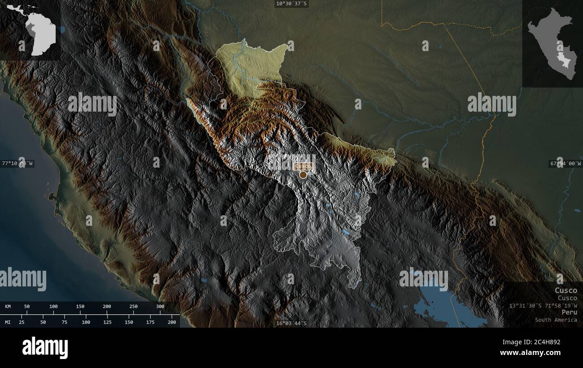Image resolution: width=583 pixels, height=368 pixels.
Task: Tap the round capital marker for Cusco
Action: pos(303,175)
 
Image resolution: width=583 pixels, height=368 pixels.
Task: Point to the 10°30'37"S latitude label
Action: pos(291,4)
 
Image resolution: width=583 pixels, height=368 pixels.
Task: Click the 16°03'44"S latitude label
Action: pos(291,323)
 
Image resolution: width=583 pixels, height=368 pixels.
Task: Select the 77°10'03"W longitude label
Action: pos(17,164)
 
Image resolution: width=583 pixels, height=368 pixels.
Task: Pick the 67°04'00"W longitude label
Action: pos(565,164)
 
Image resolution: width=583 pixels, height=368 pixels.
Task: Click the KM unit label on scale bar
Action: pos(8,307)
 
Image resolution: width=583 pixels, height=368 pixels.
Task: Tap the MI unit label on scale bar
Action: pos(8,322)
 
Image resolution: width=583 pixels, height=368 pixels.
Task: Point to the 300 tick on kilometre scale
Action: pos(160,307)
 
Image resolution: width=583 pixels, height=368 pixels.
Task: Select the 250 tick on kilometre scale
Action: pos(133,307)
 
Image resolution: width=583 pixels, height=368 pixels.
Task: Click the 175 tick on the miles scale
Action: pos(150,322)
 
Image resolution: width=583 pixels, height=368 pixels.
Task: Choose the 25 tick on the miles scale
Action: pos(22,322)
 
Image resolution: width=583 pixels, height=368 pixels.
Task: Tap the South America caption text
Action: pos(556,320)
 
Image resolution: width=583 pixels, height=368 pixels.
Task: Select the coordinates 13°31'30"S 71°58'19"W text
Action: pos(543,305)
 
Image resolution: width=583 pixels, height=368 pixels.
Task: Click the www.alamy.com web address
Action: pos(531,353)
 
